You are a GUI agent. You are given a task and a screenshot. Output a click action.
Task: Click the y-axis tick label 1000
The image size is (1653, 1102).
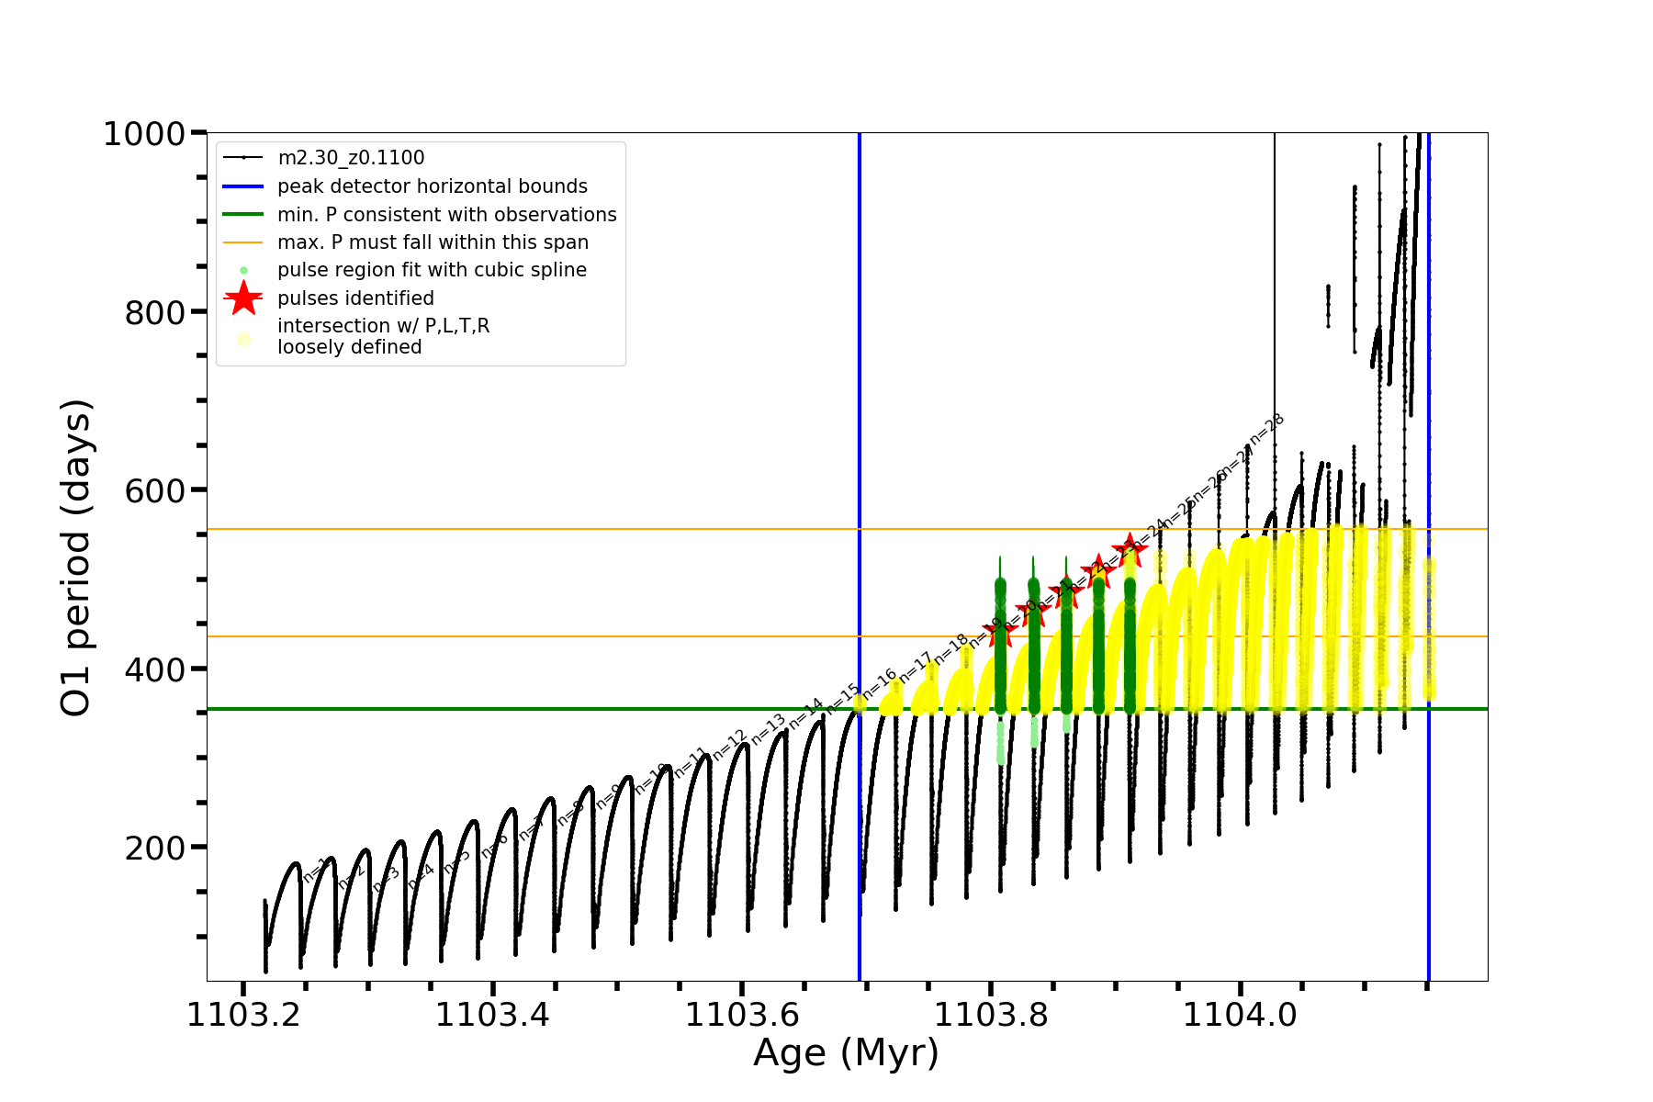coord(144,134)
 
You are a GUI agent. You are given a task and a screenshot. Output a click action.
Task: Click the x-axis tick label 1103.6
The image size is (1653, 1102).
coord(741,1015)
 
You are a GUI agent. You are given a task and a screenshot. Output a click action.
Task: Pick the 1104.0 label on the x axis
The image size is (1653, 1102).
coord(1240,1015)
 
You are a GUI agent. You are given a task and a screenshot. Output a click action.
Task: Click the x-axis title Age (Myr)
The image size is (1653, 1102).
coord(846,1053)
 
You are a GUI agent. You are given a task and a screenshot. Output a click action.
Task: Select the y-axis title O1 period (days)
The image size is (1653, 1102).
coord(75,557)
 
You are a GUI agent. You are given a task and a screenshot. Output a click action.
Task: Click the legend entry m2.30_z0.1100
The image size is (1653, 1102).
coord(351,158)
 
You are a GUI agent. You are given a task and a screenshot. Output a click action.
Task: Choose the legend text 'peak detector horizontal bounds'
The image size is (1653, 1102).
coord(432,186)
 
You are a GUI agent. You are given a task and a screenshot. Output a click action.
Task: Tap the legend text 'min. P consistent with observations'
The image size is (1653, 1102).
coord(446,215)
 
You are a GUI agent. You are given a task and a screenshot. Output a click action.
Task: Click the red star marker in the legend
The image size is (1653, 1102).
coord(243,298)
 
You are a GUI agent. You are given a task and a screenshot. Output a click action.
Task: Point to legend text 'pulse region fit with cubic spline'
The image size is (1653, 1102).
coord(432,270)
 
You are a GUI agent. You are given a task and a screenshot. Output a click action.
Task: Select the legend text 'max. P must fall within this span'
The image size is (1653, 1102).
coord(433,242)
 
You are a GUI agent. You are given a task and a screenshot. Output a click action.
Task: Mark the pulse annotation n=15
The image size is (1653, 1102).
coord(842,698)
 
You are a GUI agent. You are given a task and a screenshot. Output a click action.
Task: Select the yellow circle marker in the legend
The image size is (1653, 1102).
coord(243,339)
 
